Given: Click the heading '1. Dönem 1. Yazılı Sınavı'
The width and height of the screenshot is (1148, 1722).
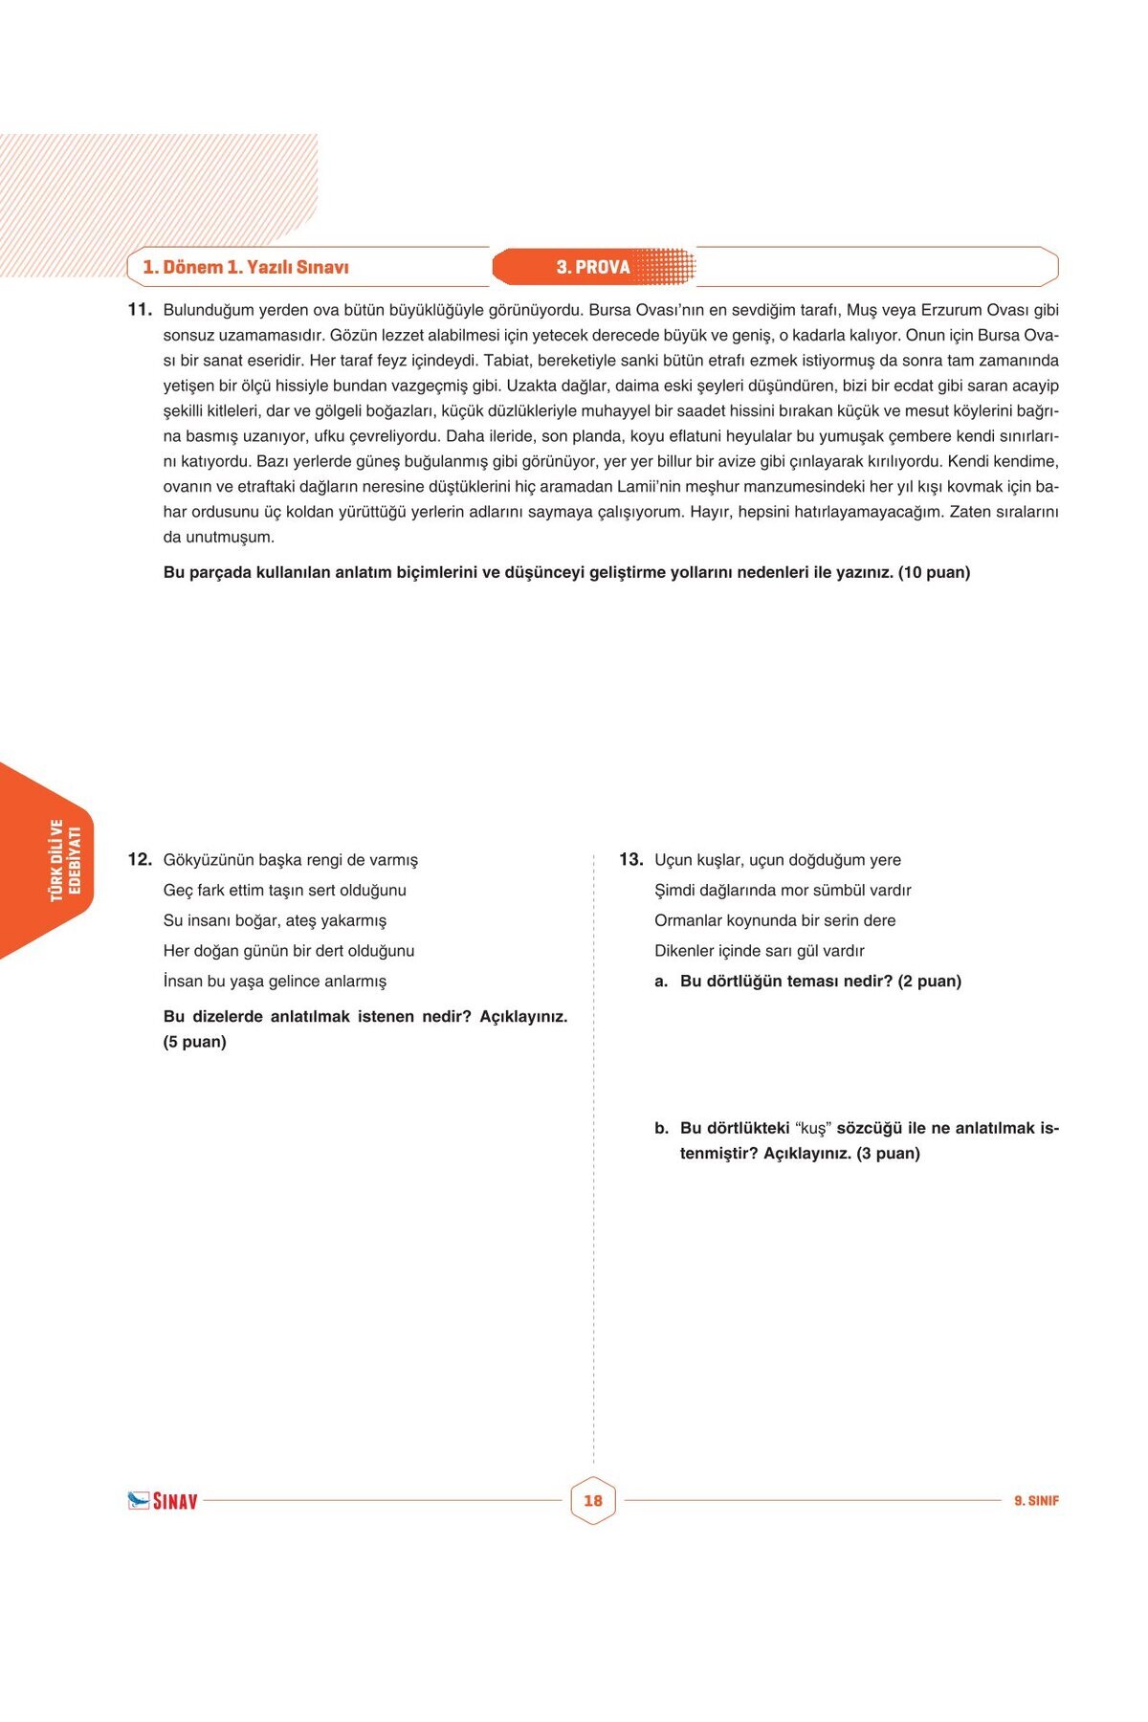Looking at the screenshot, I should pyautogui.click(x=246, y=267).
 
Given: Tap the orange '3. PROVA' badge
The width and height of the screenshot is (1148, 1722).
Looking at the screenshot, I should pyautogui.click(x=593, y=267).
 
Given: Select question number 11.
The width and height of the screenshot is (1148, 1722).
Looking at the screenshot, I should pyautogui.click(x=140, y=309).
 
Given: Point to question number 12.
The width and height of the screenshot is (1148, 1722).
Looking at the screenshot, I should pyautogui.click(x=140, y=859).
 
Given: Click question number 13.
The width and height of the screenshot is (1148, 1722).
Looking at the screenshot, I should pyautogui.click(x=630, y=859).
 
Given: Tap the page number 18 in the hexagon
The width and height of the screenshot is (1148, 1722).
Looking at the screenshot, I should pyautogui.click(x=593, y=1500).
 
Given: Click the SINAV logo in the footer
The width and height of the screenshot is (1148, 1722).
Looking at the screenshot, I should pyautogui.click(x=163, y=1500).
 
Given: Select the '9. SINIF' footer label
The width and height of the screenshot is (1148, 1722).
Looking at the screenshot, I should pyautogui.click(x=1036, y=1501).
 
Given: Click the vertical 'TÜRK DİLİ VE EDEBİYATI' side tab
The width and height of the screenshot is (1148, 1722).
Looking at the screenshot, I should pyautogui.click(x=65, y=859).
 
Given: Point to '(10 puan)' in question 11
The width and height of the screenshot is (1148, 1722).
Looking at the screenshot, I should pyautogui.click(x=934, y=572).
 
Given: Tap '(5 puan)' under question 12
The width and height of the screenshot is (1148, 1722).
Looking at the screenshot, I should pyautogui.click(x=194, y=1042).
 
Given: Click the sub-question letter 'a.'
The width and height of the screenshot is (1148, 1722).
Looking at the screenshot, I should pyautogui.click(x=661, y=981).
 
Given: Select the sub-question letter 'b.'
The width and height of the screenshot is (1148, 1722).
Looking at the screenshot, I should pyautogui.click(x=661, y=1128).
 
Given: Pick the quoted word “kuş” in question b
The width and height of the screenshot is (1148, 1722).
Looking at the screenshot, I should pyautogui.click(x=813, y=1128).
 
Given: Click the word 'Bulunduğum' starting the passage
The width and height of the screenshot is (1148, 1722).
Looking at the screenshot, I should pyautogui.click(x=209, y=310).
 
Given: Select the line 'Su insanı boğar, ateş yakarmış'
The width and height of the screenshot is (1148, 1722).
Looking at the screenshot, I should pyautogui.click(x=275, y=920).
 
